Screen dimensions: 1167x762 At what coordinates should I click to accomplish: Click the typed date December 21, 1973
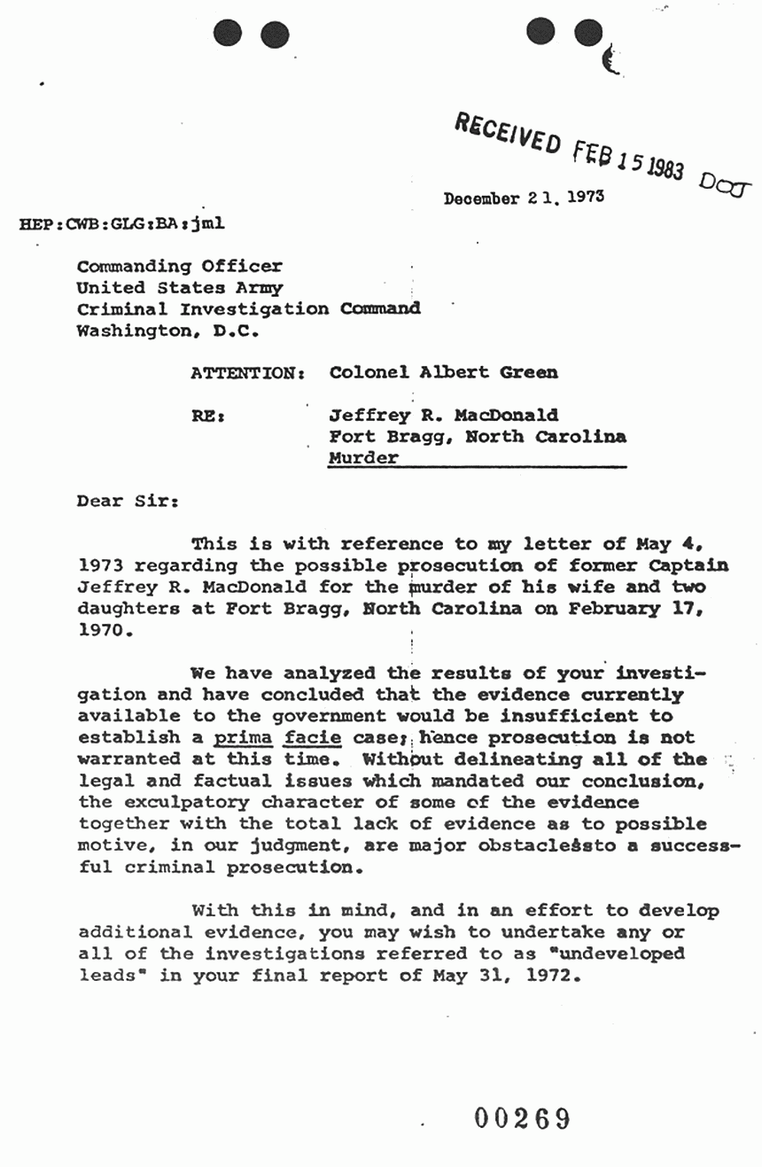click(524, 198)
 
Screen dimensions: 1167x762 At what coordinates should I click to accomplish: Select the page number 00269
click(522, 1118)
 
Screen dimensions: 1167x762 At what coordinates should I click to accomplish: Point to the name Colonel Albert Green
click(444, 372)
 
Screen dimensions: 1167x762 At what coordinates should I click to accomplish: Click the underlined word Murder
click(363, 459)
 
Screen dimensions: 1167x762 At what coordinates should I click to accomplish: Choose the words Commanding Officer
click(180, 266)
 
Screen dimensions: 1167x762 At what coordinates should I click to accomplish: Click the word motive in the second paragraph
click(111, 846)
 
